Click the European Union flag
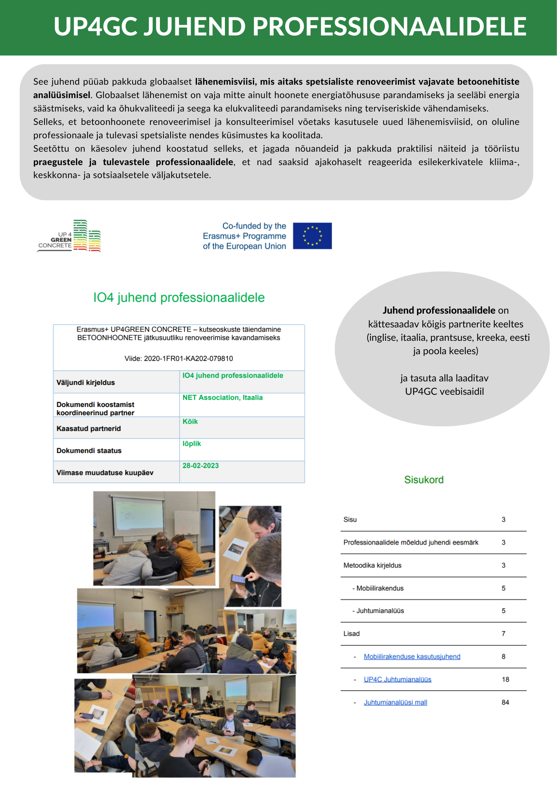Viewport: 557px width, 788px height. [x=312, y=236]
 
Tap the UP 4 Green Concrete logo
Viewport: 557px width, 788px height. [x=70, y=236]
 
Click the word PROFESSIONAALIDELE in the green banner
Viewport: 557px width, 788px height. [x=389, y=26]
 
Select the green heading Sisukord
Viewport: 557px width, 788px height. [x=424, y=479]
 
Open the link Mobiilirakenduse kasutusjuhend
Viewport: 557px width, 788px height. [x=412, y=656]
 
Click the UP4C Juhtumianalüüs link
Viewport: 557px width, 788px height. [x=397, y=679]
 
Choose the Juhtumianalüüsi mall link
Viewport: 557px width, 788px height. [x=395, y=702]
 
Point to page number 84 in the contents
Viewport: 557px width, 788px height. [x=505, y=702]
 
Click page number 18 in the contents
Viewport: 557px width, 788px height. [x=505, y=679]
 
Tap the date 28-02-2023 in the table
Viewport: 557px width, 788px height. [x=201, y=465]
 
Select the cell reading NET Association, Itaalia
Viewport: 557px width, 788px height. [x=223, y=398]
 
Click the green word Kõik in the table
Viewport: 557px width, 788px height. [x=190, y=422]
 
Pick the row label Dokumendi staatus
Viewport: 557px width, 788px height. [x=89, y=450]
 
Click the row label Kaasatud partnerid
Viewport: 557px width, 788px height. [x=89, y=428]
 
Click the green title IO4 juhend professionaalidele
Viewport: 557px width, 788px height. [x=179, y=297]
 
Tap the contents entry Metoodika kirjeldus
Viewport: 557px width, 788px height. [x=372, y=565]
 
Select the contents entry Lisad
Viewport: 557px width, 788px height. [x=351, y=634]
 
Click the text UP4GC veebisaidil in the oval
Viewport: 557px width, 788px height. [x=444, y=391]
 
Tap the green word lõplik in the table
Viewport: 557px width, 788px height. [x=192, y=444]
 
